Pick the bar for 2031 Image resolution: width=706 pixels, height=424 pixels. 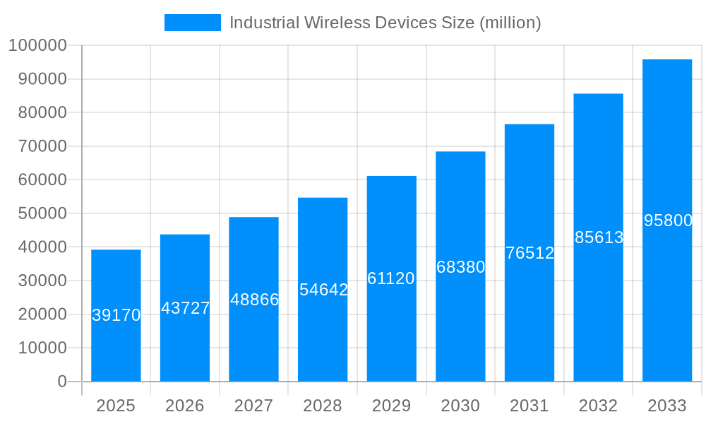[x=529, y=318]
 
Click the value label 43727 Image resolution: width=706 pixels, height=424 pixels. [x=185, y=308]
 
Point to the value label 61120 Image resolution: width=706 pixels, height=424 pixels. [x=391, y=278]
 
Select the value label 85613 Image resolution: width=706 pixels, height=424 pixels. [x=599, y=237]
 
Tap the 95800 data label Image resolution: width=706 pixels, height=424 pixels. [x=668, y=220]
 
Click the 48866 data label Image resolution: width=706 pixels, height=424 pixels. [x=254, y=300]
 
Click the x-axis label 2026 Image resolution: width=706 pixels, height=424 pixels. [x=185, y=406]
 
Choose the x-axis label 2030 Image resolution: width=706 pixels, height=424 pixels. [x=460, y=406]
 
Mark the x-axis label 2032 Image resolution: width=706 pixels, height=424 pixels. [x=598, y=406]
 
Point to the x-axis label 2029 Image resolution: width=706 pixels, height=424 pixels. [x=391, y=406]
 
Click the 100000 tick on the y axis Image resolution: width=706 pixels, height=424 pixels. [x=37, y=46]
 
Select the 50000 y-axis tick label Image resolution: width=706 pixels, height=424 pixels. [x=42, y=213]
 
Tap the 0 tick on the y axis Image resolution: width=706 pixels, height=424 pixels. [x=62, y=382]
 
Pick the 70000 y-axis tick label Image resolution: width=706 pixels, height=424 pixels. [x=42, y=146]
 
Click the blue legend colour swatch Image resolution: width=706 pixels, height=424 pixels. [x=192, y=23]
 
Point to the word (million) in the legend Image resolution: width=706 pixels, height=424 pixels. [x=510, y=23]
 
